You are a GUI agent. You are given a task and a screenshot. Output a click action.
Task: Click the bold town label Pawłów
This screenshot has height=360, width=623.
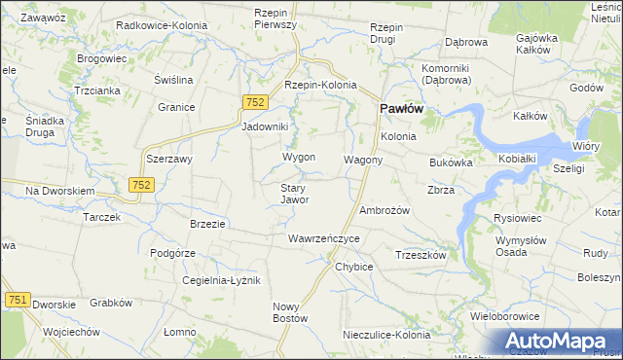point(399,109)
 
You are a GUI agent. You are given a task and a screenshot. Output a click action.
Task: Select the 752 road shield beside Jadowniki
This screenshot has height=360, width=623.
point(255,102)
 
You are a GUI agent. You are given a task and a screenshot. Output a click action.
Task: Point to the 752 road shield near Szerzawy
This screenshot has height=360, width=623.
point(141,184)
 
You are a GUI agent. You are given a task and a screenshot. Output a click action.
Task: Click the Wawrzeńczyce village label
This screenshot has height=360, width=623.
point(324,238)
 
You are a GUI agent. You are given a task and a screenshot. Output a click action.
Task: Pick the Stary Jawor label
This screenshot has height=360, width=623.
point(294,194)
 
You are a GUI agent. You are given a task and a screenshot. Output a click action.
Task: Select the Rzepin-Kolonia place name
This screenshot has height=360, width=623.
point(320,85)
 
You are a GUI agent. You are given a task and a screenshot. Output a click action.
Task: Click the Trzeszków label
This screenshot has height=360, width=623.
point(421,255)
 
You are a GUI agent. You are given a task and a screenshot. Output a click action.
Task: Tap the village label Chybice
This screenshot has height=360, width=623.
point(353,267)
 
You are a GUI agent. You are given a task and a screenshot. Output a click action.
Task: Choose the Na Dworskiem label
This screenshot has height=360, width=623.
point(59,191)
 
